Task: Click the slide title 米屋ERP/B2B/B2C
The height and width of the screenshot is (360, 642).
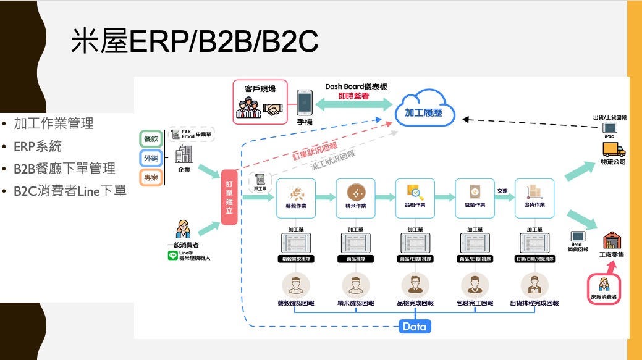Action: click(194, 41)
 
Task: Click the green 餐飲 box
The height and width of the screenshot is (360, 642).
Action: click(151, 140)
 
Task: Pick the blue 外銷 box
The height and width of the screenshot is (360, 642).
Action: click(151, 159)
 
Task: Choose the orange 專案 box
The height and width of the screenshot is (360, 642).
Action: click(151, 178)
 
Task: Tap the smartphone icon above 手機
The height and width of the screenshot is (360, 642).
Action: click(304, 104)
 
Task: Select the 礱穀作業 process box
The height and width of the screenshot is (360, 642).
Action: click(296, 198)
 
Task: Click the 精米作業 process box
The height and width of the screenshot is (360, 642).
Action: click(356, 198)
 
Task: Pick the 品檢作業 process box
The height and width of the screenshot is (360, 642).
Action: click(415, 198)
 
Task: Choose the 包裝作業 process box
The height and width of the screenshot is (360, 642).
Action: click(475, 198)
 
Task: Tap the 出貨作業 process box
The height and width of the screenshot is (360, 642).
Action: click(534, 198)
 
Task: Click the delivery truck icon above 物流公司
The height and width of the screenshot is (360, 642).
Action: click(613, 149)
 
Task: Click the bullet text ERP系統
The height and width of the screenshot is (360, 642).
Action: click(38, 146)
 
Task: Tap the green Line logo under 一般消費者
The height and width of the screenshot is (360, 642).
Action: click(172, 255)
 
